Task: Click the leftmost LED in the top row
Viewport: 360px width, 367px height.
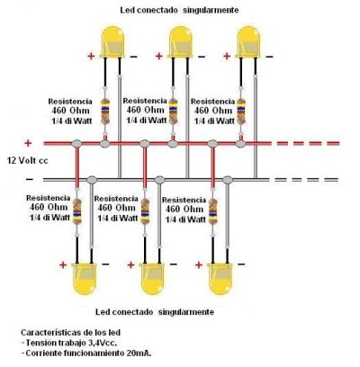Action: [112, 42]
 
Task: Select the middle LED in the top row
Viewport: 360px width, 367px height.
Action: [180, 42]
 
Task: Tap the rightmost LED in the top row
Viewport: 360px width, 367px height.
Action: [248, 42]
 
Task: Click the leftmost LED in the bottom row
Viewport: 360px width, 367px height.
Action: [85, 279]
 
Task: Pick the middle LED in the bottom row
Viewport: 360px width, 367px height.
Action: [152, 279]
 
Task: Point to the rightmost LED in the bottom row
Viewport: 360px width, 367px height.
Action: [220, 279]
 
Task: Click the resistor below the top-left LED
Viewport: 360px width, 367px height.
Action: [105, 111]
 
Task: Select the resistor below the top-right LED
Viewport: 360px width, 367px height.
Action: [241, 111]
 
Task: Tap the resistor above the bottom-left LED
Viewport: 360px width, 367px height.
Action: [77, 211]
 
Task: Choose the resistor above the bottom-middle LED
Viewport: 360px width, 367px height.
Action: [145, 211]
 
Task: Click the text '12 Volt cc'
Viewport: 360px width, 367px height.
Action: [28, 161]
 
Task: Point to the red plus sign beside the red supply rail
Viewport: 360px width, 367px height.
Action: [28, 143]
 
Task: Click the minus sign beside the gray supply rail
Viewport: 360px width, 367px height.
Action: [30, 179]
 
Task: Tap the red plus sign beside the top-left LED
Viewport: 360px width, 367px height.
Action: [91, 56]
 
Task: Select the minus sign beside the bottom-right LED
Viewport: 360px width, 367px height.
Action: [241, 264]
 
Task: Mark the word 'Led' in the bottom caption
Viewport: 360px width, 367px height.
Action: [103, 312]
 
